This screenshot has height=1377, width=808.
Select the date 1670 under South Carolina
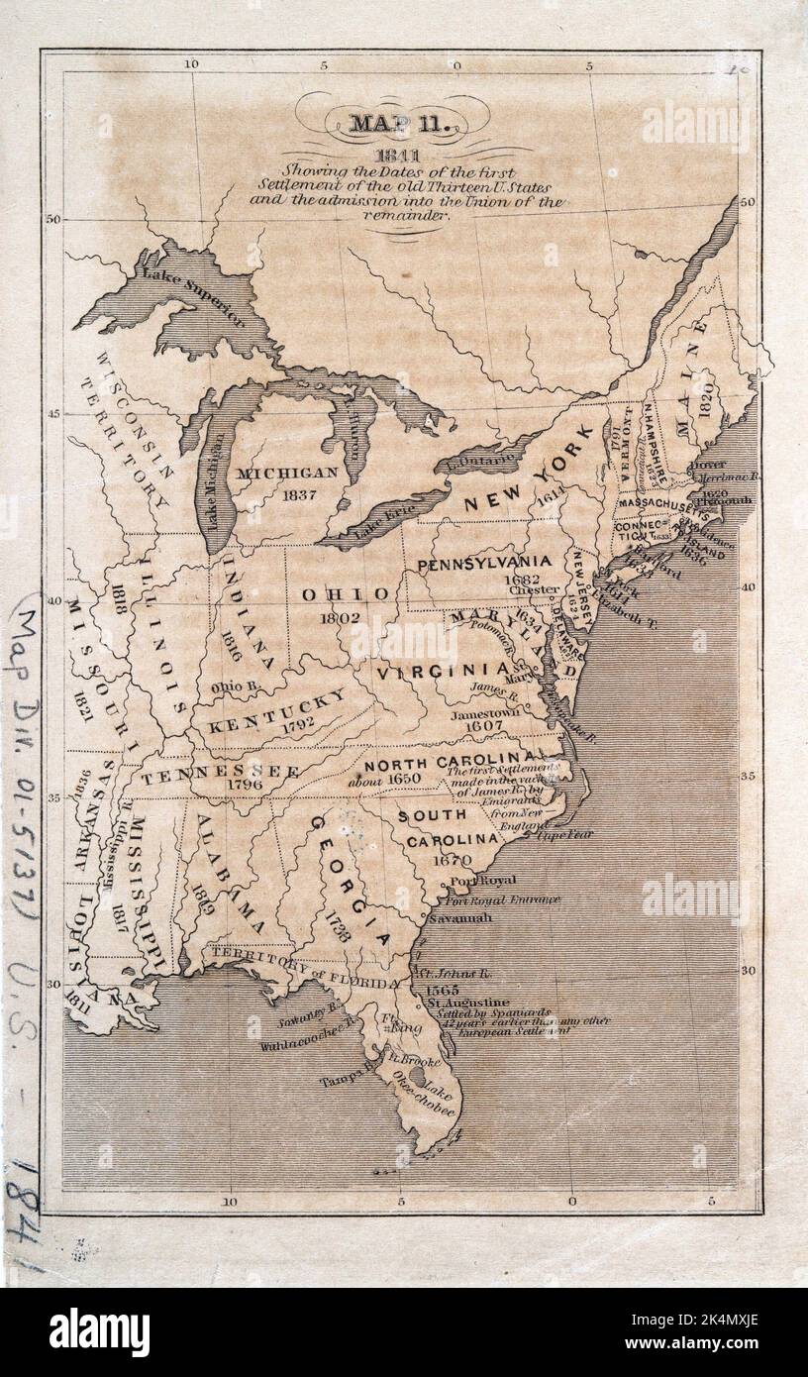coord(451,860)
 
